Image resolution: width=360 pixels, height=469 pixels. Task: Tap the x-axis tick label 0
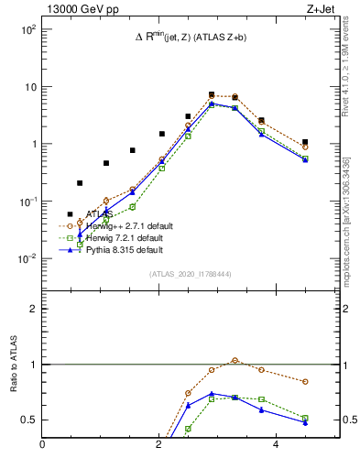[x=43, y=445]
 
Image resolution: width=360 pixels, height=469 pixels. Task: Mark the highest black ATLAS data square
[x=212, y=94]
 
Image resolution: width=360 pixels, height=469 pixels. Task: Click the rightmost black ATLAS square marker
[x=305, y=142]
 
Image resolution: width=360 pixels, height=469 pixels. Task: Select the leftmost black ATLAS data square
[x=70, y=214]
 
